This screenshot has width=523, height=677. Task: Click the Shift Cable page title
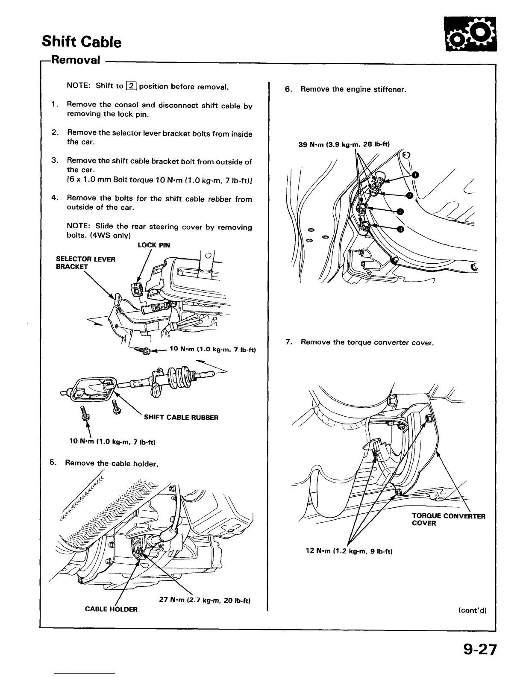pyautogui.click(x=82, y=42)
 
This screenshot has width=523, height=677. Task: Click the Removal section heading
pyautogui.click(x=76, y=59)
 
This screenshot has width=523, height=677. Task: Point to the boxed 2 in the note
pyautogui.click(x=131, y=86)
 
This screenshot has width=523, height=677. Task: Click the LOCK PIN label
pyautogui.click(x=154, y=245)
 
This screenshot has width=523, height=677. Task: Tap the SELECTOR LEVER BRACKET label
pyautogui.click(x=85, y=262)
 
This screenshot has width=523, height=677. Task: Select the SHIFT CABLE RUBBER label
pyautogui.click(x=181, y=418)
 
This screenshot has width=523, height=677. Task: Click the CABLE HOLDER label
pyautogui.click(x=111, y=609)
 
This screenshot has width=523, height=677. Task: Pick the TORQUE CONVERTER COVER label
pyautogui.click(x=448, y=519)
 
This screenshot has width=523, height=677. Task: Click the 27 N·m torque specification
pyautogui.click(x=204, y=600)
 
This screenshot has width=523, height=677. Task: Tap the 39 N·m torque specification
pyautogui.click(x=344, y=144)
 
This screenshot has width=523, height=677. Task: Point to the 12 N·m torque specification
pyautogui.click(x=349, y=551)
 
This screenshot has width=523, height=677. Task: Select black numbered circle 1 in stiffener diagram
pyautogui.click(x=415, y=174)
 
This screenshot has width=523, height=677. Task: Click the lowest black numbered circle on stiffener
pyautogui.click(x=400, y=230)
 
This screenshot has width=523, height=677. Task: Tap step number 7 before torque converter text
pyautogui.click(x=289, y=342)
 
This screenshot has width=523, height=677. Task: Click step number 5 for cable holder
pyautogui.click(x=53, y=462)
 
